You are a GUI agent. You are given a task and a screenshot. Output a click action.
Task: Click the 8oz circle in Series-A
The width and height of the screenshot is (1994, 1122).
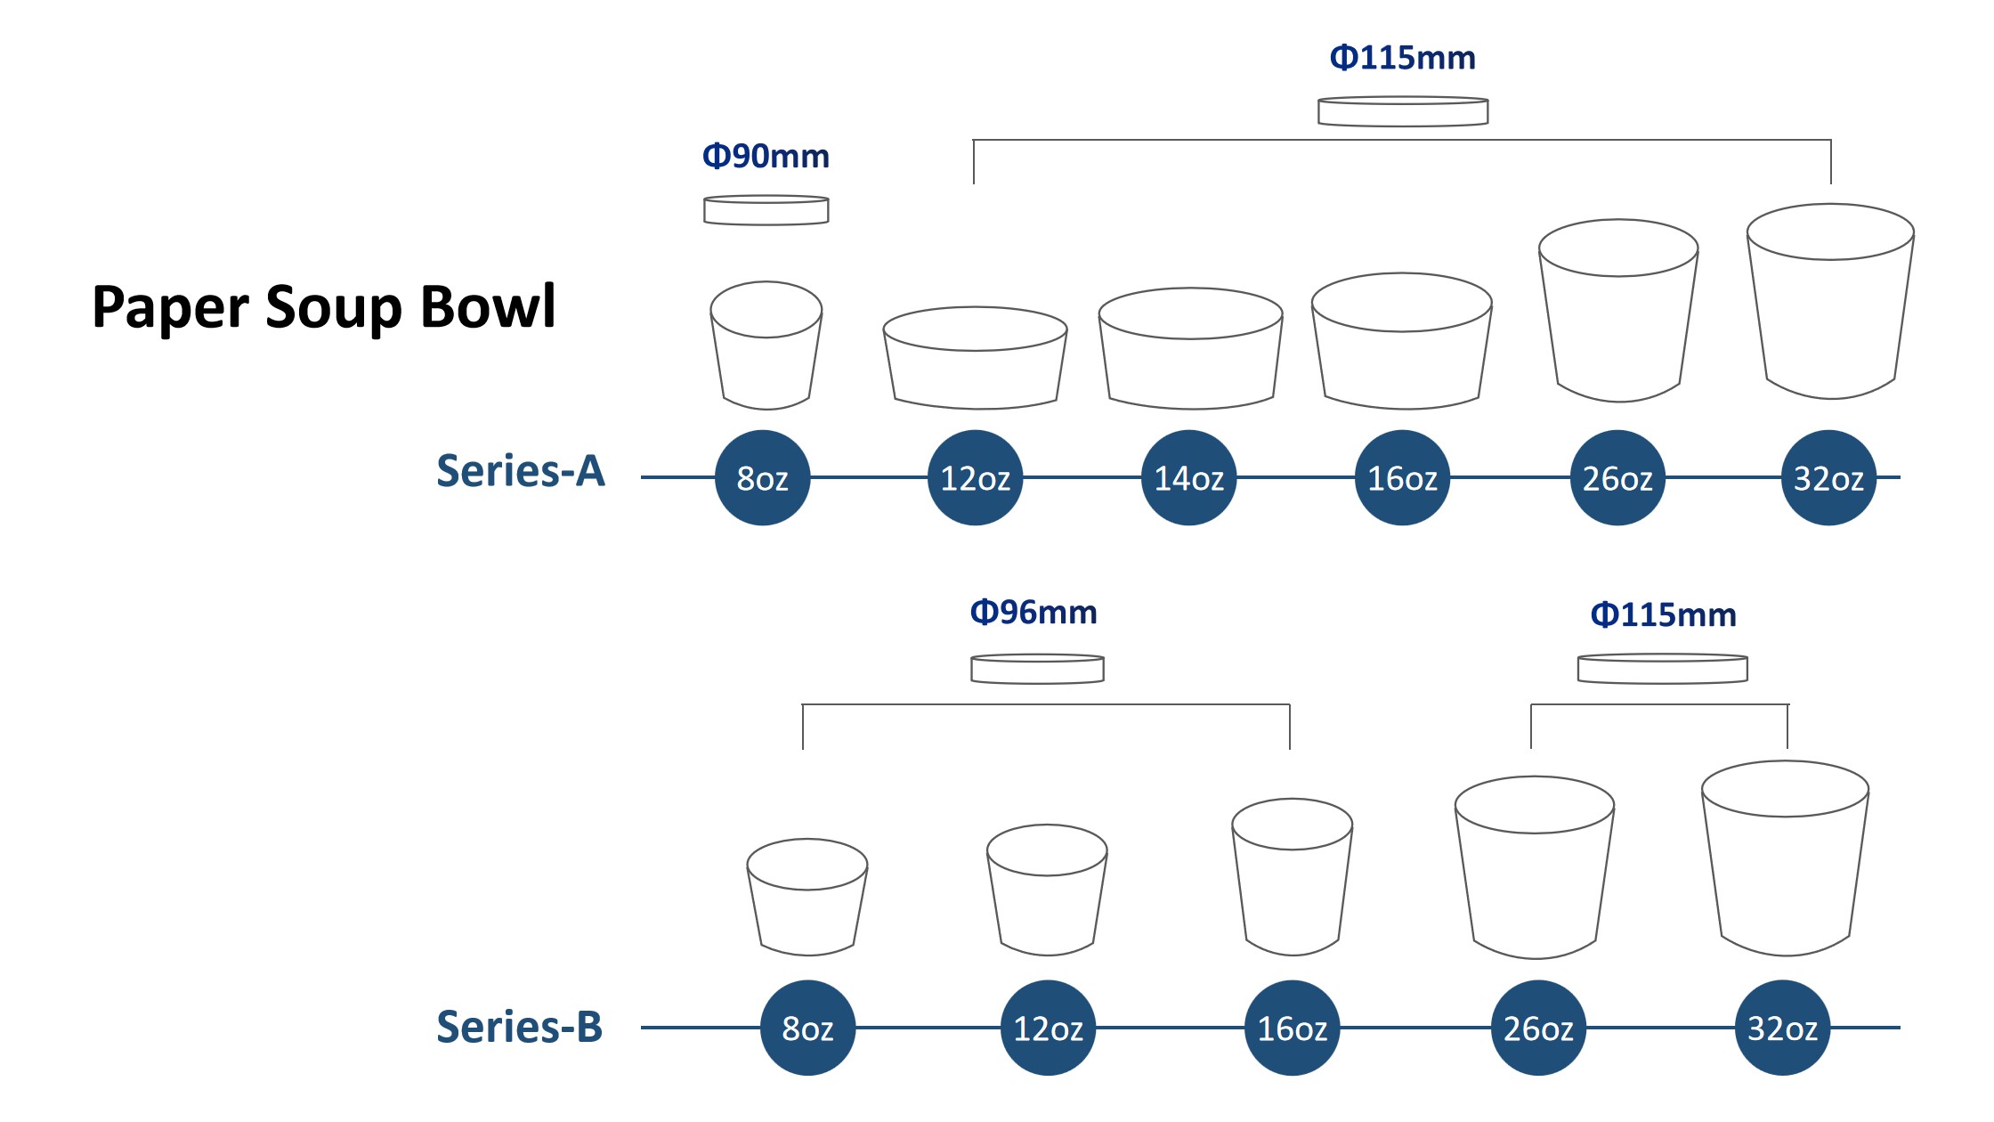pyautogui.click(x=763, y=478)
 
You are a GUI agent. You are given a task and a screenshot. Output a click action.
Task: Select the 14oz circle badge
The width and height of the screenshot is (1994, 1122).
pyautogui.click(x=1189, y=478)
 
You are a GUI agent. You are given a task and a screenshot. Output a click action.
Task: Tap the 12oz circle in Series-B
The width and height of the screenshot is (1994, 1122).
pyautogui.click(x=1049, y=1028)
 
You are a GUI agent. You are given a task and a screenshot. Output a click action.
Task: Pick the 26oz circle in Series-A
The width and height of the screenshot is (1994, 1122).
pyautogui.click(x=1617, y=478)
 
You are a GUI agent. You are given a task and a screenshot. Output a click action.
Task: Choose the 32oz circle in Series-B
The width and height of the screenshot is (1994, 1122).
pyautogui.click(x=1783, y=1028)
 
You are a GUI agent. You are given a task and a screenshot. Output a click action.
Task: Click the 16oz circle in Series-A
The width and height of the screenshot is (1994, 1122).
pyautogui.click(x=1403, y=478)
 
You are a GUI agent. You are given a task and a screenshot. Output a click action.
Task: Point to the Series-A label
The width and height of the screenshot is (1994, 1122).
pyautogui.click(x=521, y=471)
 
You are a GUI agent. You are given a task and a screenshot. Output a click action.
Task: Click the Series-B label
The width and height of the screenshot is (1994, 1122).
pyautogui.click(x=520, y=1027)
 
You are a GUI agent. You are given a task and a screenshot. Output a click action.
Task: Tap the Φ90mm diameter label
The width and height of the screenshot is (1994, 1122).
pyautogui.click(x=766, y=157)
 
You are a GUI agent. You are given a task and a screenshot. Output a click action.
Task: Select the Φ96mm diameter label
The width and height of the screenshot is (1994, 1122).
pyautogui.click(x=1033, y=613)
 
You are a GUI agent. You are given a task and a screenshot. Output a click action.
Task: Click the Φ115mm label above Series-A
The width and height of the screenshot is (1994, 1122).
pyautogui.click(x=1403, y=58)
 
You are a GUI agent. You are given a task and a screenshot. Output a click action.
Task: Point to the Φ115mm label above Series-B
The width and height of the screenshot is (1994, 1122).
pyautogui.click(x=1664, y=615)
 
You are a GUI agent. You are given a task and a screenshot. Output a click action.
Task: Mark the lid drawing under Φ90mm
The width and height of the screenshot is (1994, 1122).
pyautogui.click(x=766, y=210)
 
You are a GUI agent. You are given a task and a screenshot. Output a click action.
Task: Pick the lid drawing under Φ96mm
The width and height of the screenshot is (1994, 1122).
pyautogui.click(x=1038, y=669)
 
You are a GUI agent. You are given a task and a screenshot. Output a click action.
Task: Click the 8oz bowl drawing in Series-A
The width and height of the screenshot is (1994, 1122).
pyautogui.click(x=766, y=347)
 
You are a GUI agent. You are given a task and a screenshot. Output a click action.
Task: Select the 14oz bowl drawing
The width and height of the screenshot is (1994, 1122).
pyautogui.click(x=1191, y=349)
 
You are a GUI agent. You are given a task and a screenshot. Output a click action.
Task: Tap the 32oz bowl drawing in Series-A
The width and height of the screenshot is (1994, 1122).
pyautogui.click(x=1830, y=303)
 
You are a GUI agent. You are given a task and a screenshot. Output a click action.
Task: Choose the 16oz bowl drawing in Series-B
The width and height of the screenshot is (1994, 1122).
pyautogui.click(x=1293, y=877)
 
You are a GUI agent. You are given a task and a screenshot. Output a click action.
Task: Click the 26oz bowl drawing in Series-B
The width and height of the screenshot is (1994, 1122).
pyautogui.click(x=1535, y=868)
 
